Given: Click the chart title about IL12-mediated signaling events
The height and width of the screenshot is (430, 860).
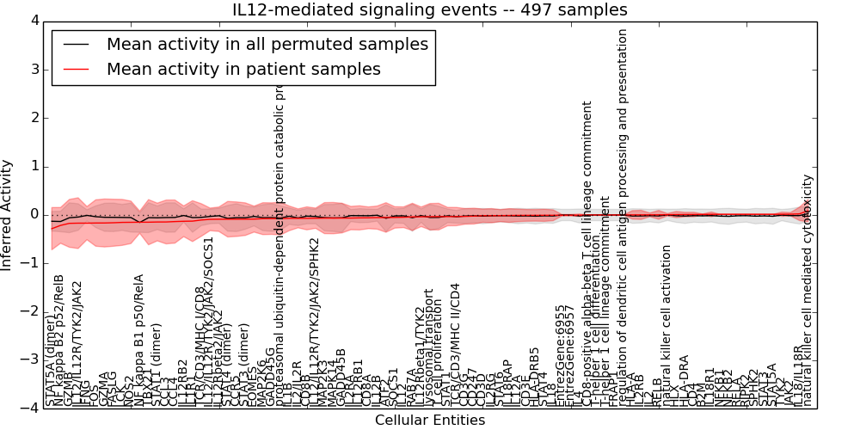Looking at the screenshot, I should (x=430, y=9).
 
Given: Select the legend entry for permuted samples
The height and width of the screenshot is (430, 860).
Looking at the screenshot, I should (x=267, y=44).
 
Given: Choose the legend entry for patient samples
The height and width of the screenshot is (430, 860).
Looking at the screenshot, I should (x=243, y=69).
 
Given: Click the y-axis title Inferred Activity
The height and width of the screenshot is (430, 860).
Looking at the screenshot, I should (x=8, y=215).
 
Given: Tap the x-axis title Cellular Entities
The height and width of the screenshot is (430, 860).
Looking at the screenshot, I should (x=430, y=421).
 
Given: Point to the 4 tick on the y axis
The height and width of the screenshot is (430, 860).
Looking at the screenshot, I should (x=34, y=21).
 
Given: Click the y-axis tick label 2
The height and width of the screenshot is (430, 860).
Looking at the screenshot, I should (x=34, y=118).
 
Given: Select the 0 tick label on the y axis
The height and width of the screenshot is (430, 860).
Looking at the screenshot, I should (x=34, y=215).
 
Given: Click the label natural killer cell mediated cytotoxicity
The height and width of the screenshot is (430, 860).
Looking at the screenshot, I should (x=807, y=291).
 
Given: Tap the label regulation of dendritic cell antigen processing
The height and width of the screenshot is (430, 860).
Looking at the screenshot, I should (x=623, y=206).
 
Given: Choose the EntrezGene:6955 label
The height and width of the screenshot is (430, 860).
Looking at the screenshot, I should (x=560, y=354).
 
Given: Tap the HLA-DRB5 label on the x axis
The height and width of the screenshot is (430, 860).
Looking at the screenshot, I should (x=534, y=376).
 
